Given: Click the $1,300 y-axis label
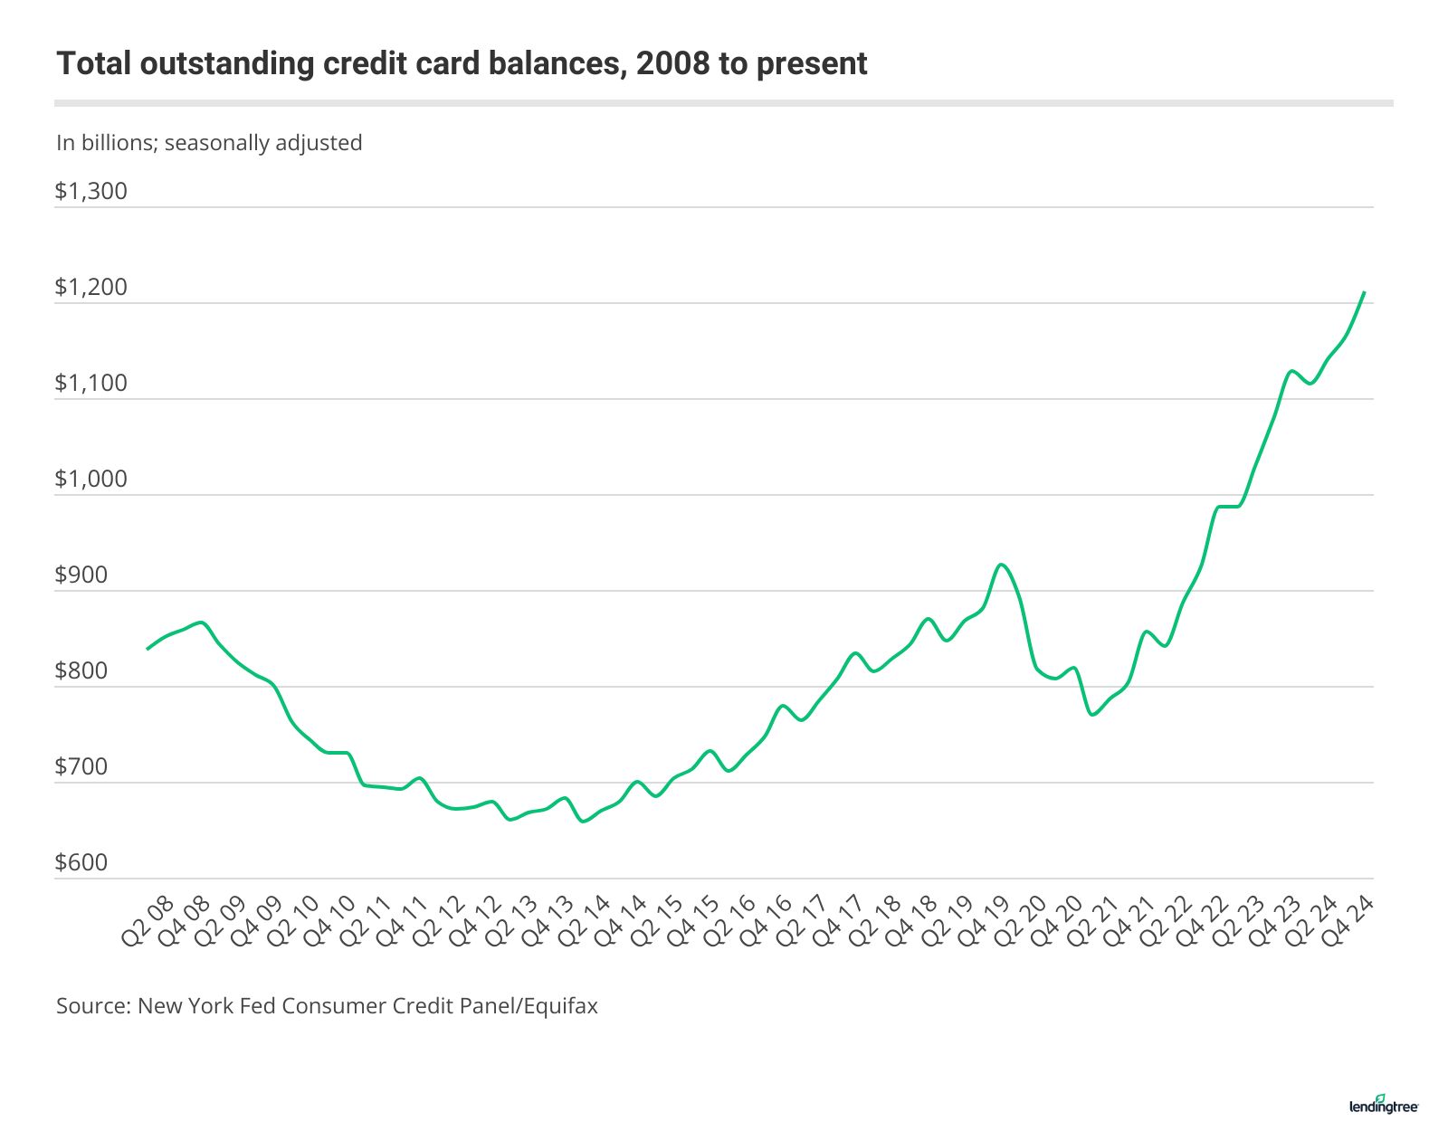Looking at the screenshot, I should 90,192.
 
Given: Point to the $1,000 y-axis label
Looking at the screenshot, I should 90,480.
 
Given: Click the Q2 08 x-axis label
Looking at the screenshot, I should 145,921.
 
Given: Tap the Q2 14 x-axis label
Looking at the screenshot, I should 583,921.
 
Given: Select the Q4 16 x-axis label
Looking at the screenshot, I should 765,921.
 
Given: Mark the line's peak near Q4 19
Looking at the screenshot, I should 1000,565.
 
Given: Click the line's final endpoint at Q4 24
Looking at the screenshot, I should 1364,292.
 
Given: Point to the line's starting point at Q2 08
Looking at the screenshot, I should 148,649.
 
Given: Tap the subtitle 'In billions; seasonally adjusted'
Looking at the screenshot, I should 209,143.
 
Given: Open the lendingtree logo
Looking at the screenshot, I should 1384,1104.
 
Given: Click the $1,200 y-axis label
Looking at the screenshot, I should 90,288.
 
